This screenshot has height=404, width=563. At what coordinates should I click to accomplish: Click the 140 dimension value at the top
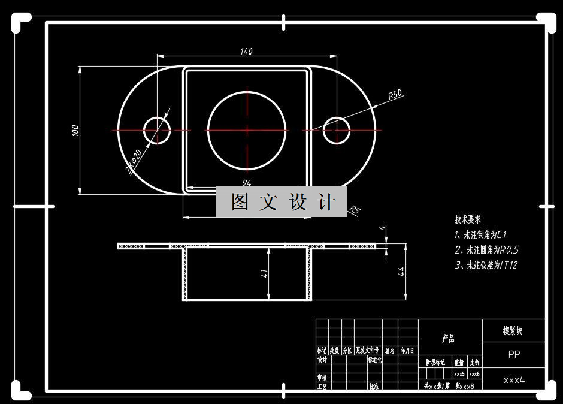(246, 52)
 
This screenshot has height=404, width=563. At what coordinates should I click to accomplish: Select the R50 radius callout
(395, 95)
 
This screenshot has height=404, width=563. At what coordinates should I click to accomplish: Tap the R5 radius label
(355, 210)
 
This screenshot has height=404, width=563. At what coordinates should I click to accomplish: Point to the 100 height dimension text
(75, 131)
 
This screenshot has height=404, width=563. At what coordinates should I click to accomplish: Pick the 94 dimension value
(246, 182)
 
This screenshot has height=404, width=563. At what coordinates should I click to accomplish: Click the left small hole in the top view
(157, 130)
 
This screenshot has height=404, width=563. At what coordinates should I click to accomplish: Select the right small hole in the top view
(337, 130)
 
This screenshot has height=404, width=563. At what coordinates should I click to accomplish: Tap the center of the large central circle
(246, 129)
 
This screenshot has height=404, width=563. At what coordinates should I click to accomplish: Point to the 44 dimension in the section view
(402, 271)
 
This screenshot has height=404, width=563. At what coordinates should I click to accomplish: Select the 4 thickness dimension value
(381, 228)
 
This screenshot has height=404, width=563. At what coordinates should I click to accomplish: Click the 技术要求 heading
(468, 219)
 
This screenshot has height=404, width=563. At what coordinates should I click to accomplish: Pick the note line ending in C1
(481, 235)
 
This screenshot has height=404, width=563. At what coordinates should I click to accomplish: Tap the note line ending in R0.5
(486, 250)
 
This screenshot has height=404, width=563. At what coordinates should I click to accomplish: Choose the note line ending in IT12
(486, 265)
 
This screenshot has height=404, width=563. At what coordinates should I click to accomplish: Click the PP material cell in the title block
(514, 354)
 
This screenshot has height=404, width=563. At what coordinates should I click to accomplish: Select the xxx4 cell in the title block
(514, 379)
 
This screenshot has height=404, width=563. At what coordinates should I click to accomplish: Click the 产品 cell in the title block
(449, 339)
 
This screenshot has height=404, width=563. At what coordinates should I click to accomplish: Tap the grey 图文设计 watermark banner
(281, 202)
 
